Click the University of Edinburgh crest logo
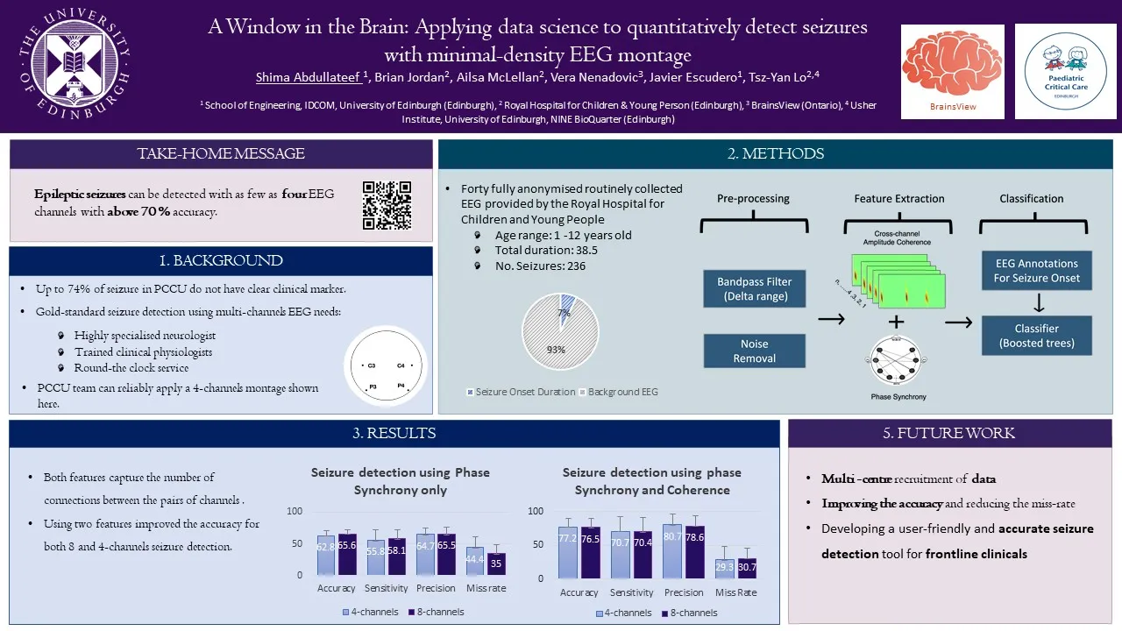79,64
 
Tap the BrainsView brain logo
952,63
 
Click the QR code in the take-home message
387,205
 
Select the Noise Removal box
754,351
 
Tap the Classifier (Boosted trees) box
1037,336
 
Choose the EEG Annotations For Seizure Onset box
1037,271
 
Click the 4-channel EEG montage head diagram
386,367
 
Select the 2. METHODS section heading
775,154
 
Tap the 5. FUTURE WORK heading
949,433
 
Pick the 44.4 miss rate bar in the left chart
474,560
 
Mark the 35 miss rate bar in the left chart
496,564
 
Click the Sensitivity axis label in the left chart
386,588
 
